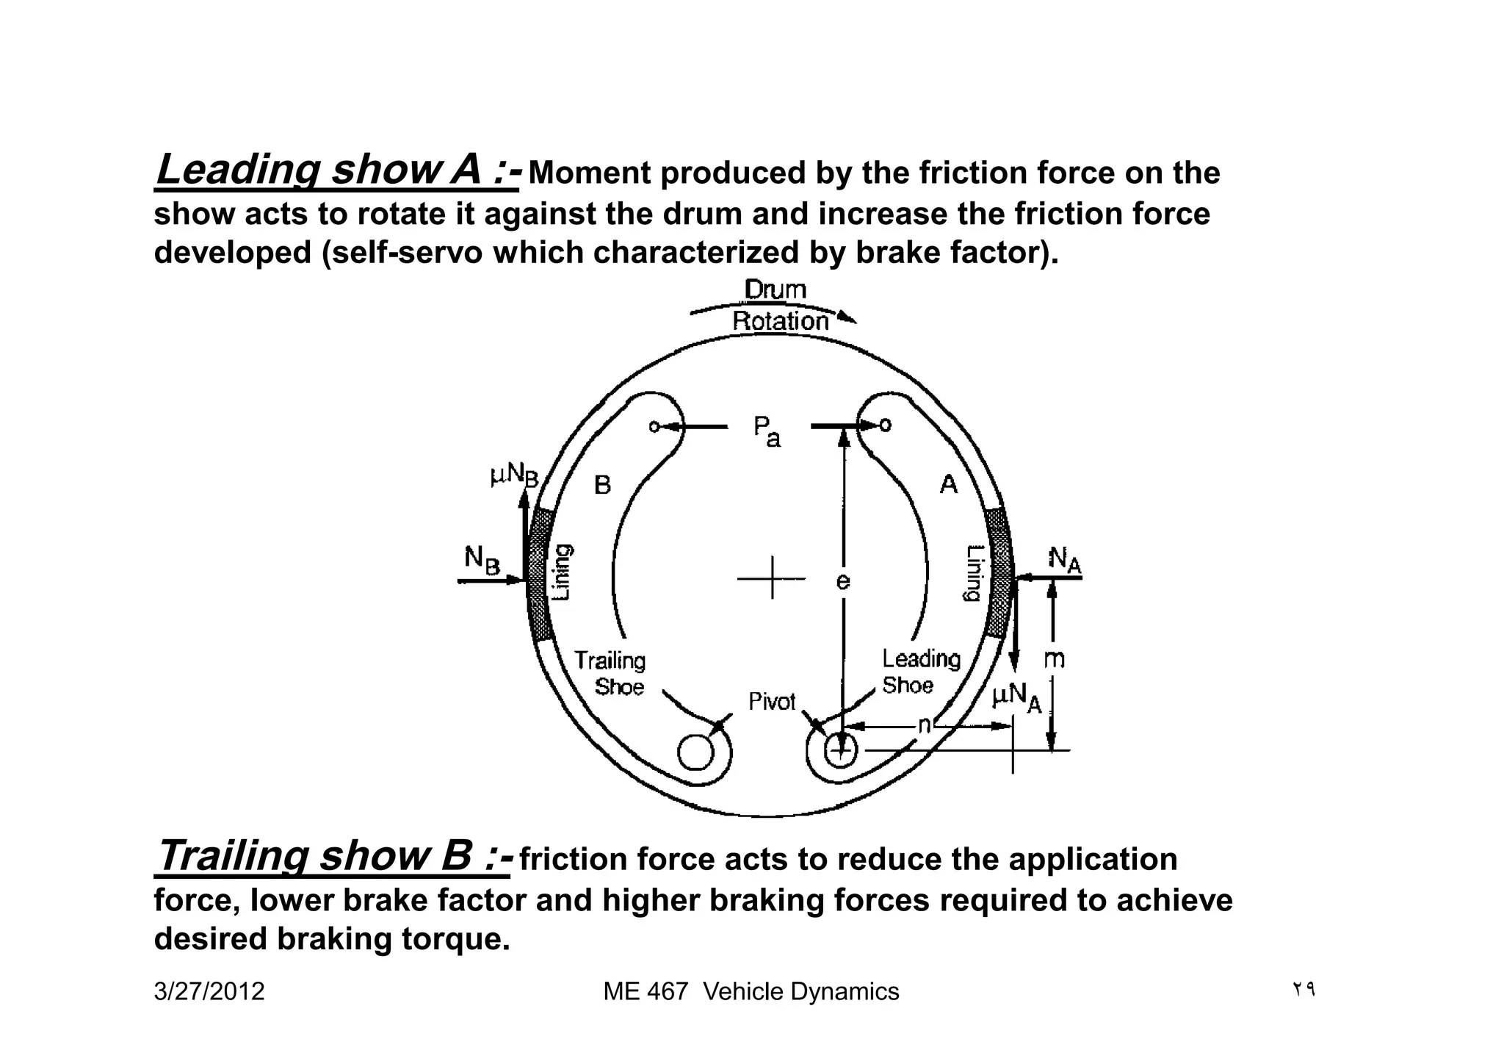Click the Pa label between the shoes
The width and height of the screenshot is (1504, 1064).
click(x=766, y=431)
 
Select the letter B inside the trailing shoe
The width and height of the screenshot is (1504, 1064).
click(x=602, y=485)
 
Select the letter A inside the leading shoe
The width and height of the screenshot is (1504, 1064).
click(x=949, y=485)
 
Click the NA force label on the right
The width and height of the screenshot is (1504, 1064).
click(x=1064, y=560)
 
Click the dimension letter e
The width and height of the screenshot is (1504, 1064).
click(x=843, y=581)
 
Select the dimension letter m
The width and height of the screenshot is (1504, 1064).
click(x=1054, y=659)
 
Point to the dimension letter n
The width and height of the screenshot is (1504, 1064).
click(x=925, y=725)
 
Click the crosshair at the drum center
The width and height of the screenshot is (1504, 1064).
click(x=772, y=578)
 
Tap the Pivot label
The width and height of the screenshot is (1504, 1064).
click(x=772, y=702)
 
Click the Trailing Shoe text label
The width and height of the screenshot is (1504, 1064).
click(x=610, y=673)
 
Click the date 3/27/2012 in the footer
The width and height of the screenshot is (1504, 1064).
click(x=209, y=992)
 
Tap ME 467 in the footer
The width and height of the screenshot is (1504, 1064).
click(x=646, y=992)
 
